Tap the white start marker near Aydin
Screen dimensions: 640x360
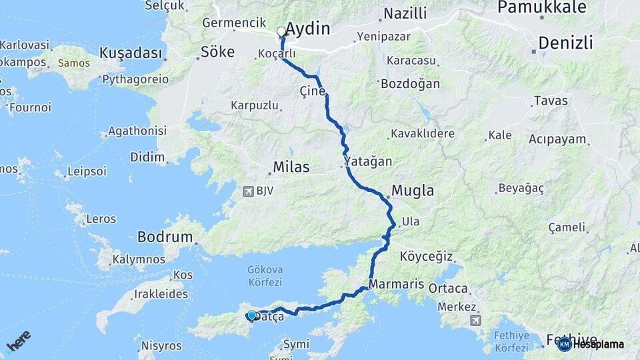pyautogui.click(x=281, y=31)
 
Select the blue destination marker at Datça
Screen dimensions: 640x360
pyautogui.click(x=251, y=315)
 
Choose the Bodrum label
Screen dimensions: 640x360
pyautogui.click(x=165, y=237)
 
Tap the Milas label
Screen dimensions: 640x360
pyautogui.click(x=291, y=167)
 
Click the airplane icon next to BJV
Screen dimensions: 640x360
pyautogui.click(x=249, y=191)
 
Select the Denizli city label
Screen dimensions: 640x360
pyautogui.click(x=565, y=43)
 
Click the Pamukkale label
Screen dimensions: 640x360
pyautogui.click(x=542, y=7)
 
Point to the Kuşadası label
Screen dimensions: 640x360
pyautogui.click(x=131, y=53)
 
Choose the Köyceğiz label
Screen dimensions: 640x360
pyautogui.click(x=426, y=256)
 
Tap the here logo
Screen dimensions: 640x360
pyautogui.click(x=18, y=340)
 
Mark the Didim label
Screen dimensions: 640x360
pyautogui.click(x=147, y=157)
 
